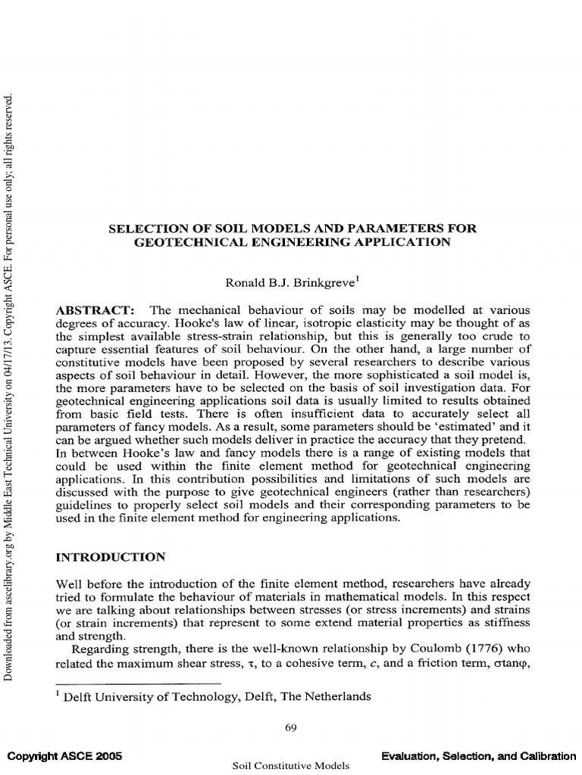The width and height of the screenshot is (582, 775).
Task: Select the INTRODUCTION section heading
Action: [x=111, y=557]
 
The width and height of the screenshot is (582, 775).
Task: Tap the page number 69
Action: [x=290, y=728]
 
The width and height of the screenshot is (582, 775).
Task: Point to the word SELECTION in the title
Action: [x=145, y=228]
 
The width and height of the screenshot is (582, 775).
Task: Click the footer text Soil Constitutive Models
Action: [x=291, y=766]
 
